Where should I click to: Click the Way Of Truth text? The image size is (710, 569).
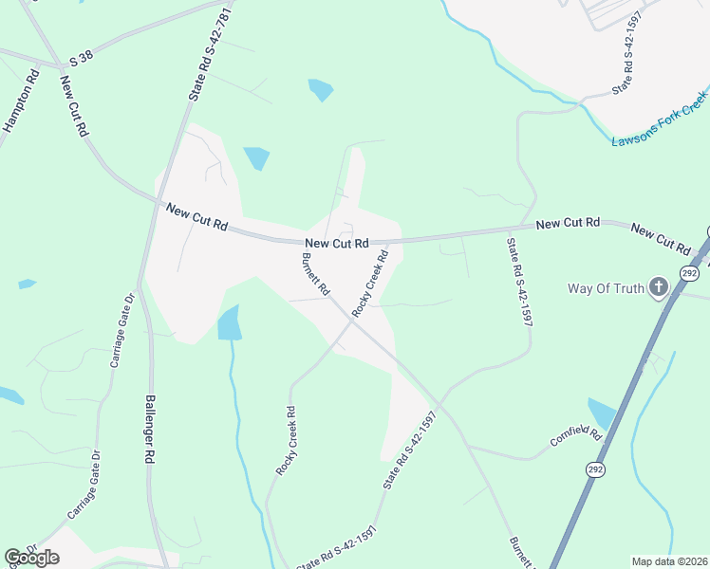coord(606,288)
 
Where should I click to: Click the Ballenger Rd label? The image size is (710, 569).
coord(149,429)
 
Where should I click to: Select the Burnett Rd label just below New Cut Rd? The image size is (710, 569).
coord(315,273)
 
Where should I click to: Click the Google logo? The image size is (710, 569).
coord(31,558)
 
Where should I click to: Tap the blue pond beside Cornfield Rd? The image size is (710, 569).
coord(602,413)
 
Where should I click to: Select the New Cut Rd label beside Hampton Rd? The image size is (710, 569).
coord(73,106)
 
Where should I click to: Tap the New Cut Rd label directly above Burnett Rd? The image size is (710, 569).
coord(336,244)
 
